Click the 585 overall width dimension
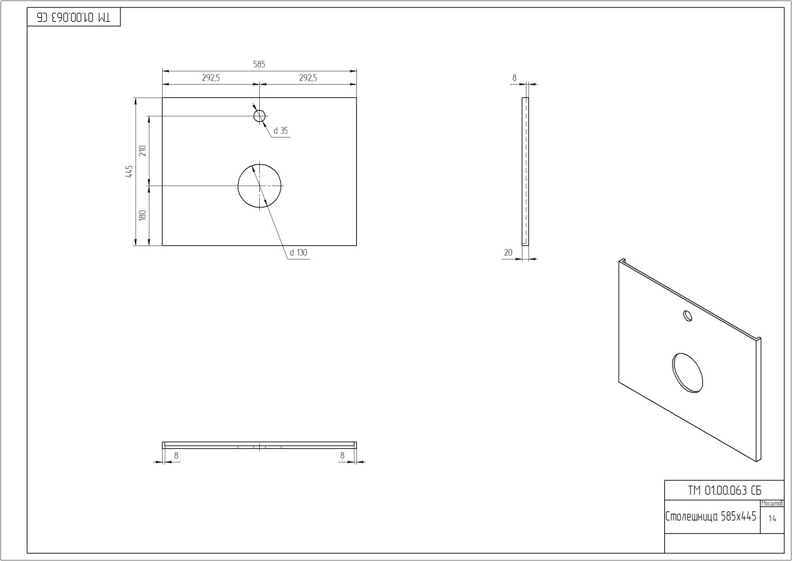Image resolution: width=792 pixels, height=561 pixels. (259, 65)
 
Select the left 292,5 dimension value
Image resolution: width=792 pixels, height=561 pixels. (211, 78)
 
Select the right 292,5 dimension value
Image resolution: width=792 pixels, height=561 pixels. (308, 78)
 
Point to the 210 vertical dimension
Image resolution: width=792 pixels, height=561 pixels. (142, 151)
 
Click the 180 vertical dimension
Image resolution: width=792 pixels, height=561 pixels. (142, 215)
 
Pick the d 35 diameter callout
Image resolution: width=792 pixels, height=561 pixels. (281, 131)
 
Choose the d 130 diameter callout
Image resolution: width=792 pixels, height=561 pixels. (298, 253)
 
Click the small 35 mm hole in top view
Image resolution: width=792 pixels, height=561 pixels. (259, 116)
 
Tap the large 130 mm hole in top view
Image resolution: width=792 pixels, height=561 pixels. (259, 186)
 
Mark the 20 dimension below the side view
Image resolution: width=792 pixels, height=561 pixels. (508, 253)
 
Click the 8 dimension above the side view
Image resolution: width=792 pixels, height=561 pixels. (514, 78)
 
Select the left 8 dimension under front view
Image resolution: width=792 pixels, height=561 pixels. (176, 455)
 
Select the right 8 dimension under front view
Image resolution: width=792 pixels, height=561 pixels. (342, 455)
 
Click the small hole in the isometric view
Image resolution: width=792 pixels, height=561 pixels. (687, 315)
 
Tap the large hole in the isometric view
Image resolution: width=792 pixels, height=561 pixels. (688, 373)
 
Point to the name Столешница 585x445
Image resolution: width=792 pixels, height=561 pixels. (711, 516)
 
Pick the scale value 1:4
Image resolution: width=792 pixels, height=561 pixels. (772, 519)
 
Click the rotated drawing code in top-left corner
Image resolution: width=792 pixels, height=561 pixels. (74, 17)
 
